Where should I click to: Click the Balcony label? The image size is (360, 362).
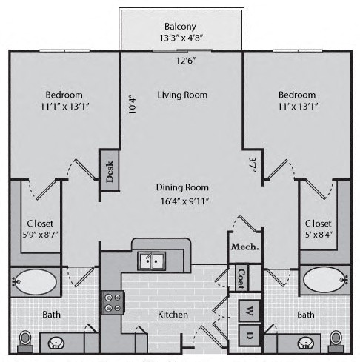click(x=180, y=27)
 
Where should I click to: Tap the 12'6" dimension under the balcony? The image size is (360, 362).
click(x=186, y=61)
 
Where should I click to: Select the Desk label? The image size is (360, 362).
click(x=110, y=172)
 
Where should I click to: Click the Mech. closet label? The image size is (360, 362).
click(x=245, y=247)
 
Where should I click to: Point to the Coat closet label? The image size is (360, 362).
click(x=241, y=278)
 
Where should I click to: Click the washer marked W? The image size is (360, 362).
click(x=250, y=311)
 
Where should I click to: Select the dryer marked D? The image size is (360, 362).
click(x=250, y=335)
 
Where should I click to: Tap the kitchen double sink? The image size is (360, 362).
click(x=152, y=261)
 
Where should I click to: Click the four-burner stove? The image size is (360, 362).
click(x=112, y=303)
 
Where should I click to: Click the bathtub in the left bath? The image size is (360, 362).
click(x=35, y=281)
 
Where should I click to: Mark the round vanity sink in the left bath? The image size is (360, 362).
click(x=56, y=343)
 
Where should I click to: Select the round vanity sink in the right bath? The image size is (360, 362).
click(x=306, y=343)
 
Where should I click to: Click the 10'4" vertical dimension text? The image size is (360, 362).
click(x=133, y=105)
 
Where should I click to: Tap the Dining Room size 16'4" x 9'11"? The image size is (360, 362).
click(x=184, y=201)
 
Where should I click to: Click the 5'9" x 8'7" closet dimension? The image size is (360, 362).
click(x=40, y=235)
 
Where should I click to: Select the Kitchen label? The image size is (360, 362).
click(x=173, y=315)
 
